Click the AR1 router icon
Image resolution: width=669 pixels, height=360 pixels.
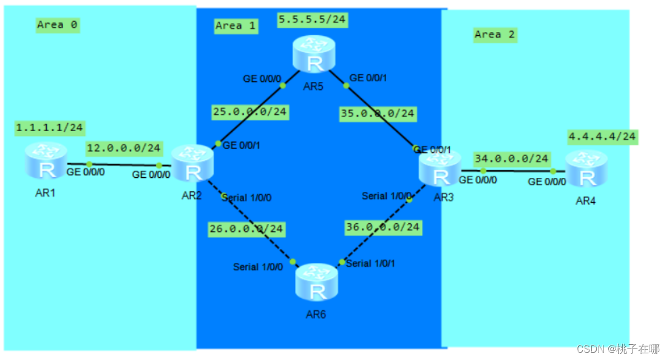(46, 161)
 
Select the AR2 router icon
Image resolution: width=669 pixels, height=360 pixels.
(192, 163)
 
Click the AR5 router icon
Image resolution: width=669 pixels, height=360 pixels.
(313, 54)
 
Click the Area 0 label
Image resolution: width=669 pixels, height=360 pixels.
(58, 25)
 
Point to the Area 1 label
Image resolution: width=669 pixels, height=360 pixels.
(237, 25)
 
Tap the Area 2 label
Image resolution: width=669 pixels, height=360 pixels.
(494, 35)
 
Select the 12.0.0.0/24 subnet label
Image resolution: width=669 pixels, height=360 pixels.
(124, 148)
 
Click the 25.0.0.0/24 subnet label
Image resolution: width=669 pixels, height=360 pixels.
(250, 112)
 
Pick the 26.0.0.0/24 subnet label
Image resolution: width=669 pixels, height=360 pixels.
(246, 229)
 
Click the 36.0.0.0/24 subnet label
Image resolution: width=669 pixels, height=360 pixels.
(382, 227)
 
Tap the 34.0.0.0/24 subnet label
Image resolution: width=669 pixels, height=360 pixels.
(511, 158)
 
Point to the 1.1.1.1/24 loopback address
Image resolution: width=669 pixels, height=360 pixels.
(50, 127)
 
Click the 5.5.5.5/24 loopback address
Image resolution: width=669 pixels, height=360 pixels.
(312, 19)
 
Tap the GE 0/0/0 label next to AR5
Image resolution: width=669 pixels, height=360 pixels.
(262, 78)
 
